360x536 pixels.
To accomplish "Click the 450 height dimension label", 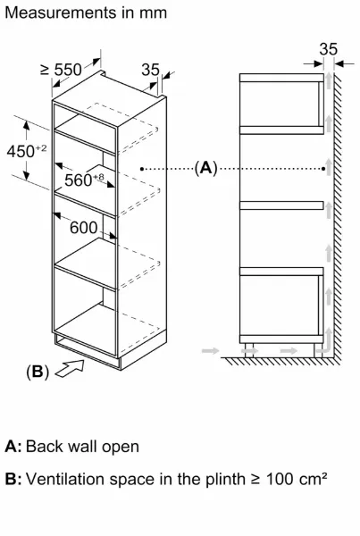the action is [27, 151].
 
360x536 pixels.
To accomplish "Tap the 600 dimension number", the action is [84, 228].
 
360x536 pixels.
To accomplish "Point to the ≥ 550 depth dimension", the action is [62, 70].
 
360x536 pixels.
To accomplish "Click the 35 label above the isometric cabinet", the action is [150, 70].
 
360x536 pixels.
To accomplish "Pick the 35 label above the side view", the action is [329, 49].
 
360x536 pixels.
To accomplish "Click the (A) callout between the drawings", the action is [205, 168].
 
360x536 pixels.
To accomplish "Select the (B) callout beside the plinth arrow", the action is [38, 372].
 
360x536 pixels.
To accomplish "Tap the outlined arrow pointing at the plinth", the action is [70, 368].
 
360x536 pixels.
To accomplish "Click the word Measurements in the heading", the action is [61, 13].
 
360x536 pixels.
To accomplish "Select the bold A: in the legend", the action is [13, 447].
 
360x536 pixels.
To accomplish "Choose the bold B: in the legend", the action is [13, 479].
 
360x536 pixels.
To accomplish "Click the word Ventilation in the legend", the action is [65, 479].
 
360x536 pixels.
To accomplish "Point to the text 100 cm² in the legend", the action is [297, 479].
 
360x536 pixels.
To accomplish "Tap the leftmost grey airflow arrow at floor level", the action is [210, 350].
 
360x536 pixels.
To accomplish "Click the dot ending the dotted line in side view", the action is [323, 169].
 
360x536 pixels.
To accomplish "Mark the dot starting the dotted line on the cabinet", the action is [142, 169].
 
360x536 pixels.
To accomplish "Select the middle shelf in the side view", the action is [281, 205].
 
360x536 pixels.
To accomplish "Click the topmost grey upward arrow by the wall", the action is [329, 80].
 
